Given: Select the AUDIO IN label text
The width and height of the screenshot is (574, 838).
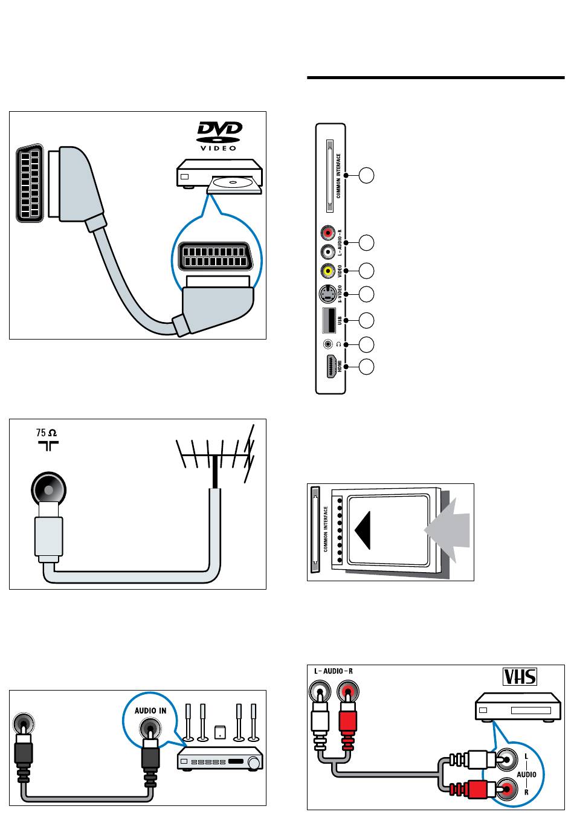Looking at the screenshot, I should pos(150,711).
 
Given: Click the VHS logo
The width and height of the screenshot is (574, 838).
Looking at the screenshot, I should pos(520,676).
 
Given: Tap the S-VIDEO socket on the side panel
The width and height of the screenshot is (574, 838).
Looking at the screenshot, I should pos(327,294).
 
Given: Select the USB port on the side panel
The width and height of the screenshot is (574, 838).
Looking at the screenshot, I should pos(330,320).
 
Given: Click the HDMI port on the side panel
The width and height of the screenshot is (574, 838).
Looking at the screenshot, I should pos(331,367).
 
